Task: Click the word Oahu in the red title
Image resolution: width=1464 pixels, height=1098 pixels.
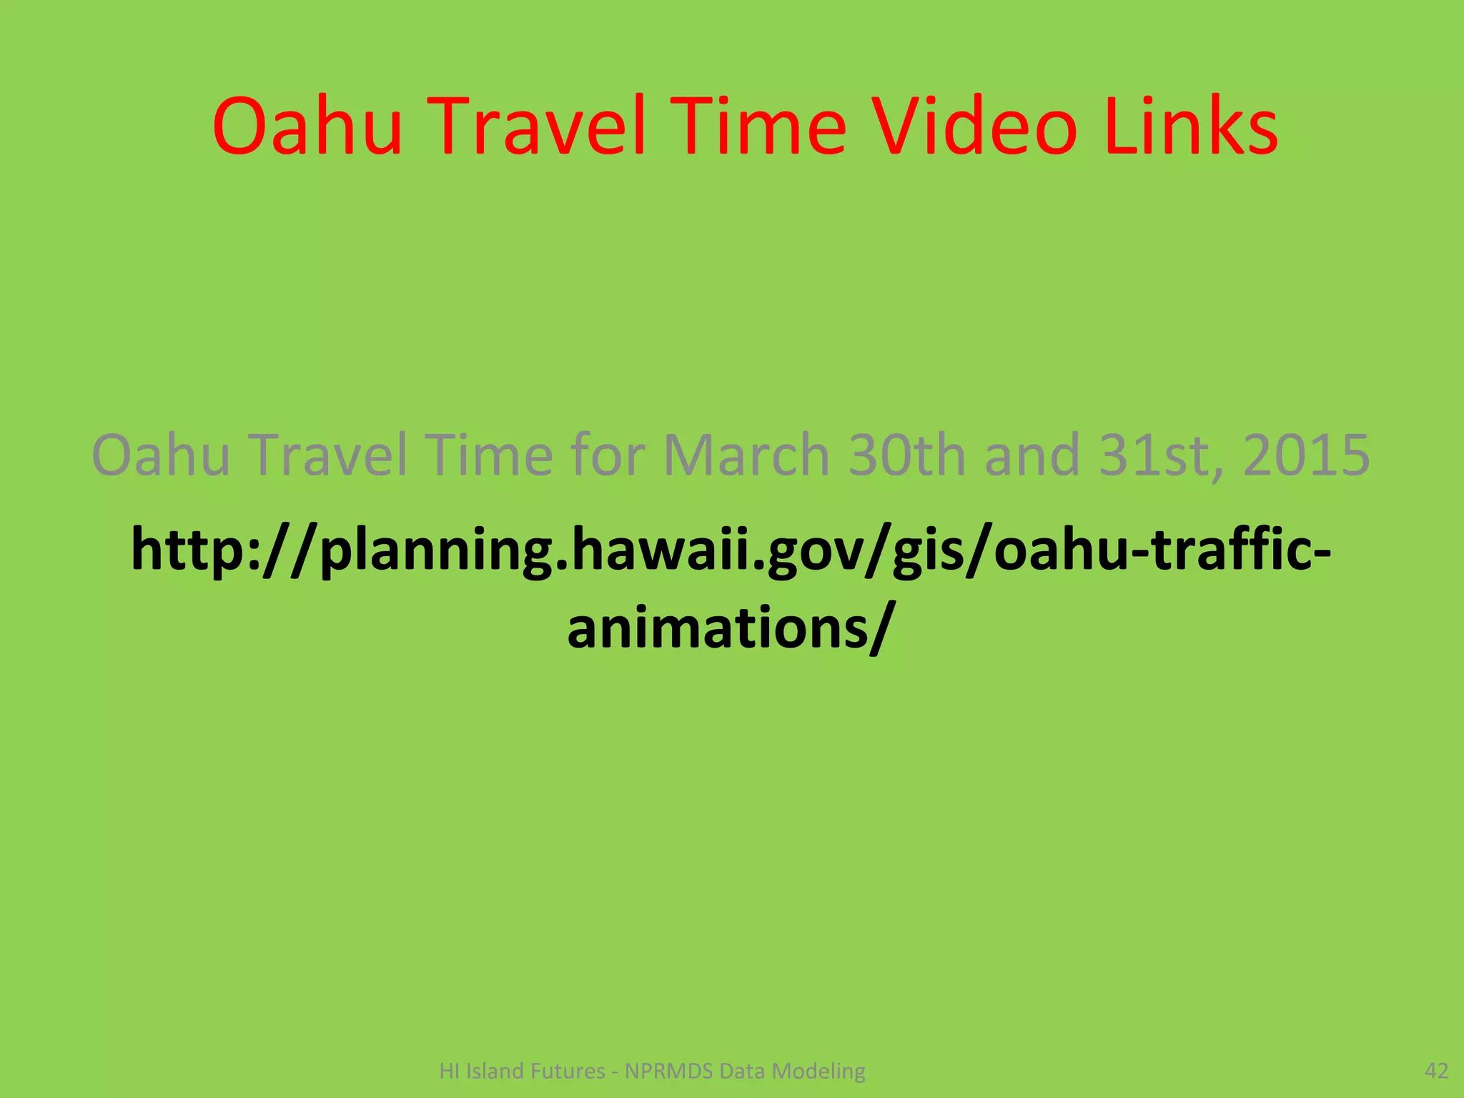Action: coord(307,127)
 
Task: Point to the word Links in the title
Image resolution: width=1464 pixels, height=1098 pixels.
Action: coord(1191,127)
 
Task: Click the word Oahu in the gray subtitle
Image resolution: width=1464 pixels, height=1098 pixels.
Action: coord(162,455)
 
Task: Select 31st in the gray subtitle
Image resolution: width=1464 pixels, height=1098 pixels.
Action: coord(1159,455)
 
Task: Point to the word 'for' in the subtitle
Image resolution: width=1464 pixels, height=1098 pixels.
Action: coord(608,455)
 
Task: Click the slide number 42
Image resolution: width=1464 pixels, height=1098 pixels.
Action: coord(1436,1070)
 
